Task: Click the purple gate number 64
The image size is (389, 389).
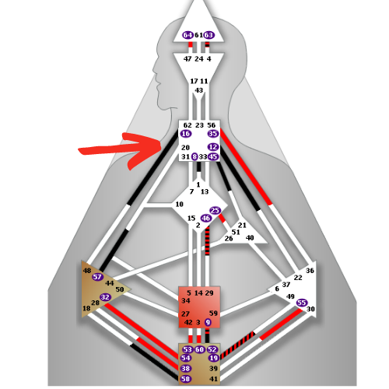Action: [187, 35]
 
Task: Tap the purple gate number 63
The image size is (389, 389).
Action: [209, 35]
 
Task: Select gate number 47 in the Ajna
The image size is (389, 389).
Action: [187, 59]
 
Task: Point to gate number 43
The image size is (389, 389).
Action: [199, 90]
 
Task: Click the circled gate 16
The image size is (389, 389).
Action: [186, 134]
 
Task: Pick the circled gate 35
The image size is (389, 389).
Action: [212, 134]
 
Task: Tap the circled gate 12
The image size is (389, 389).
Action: [213, 147]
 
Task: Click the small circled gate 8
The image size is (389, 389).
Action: [194, 157]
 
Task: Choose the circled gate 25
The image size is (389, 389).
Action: [215, 211]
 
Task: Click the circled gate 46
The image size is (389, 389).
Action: [206, 219]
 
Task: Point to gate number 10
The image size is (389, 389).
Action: [180, 205]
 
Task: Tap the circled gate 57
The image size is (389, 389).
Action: [97, 277]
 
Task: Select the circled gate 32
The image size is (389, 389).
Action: [105, 297]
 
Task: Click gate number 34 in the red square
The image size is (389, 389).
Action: [186, 301]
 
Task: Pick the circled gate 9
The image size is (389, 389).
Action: [208, 322]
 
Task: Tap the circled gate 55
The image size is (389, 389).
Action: [302, 303]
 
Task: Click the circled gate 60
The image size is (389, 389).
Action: [199, 349]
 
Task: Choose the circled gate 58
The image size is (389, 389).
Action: [186, 379]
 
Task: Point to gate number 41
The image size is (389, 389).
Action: [213, 379]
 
